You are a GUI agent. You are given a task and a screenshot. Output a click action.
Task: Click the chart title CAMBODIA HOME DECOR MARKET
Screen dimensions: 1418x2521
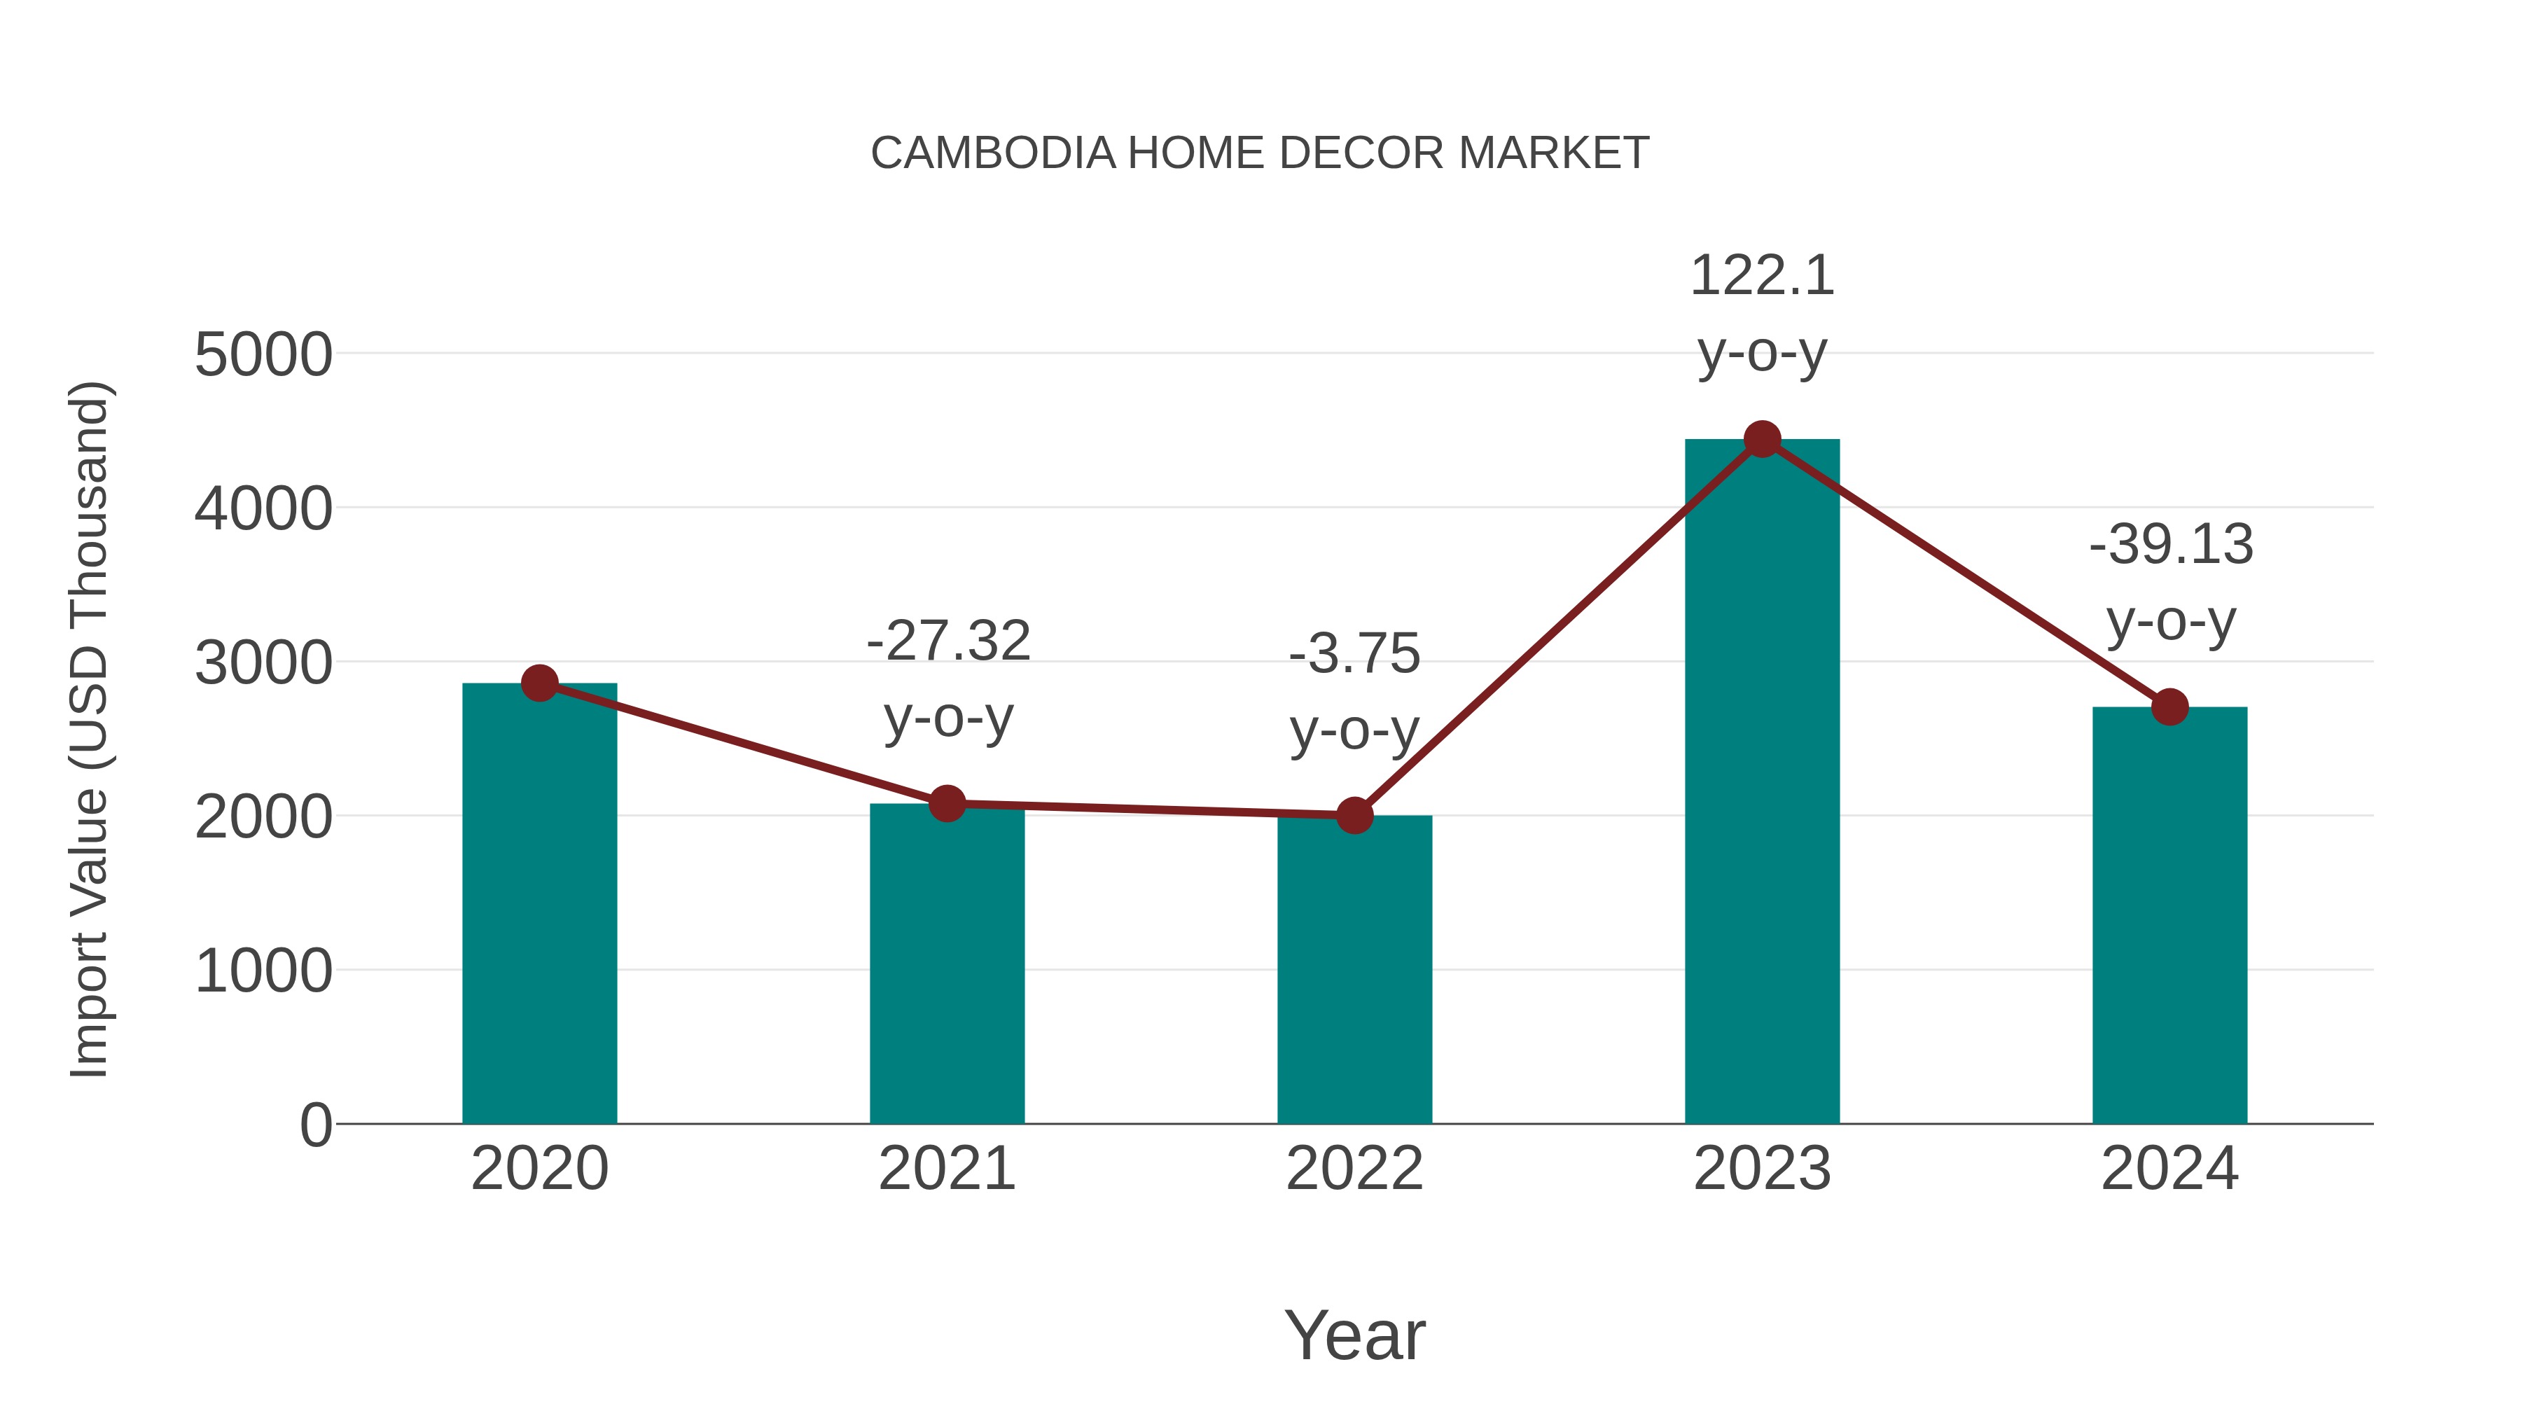pyautogui.click(x=1260, y=153)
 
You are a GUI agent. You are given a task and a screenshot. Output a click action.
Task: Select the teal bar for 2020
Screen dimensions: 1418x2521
pyautogui.click(x=539, y=910)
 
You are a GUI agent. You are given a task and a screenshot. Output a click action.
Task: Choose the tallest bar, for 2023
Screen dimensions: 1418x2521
pyautogui.click(x=1762, y=783)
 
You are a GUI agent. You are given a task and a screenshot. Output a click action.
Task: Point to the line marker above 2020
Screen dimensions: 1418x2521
pyautogui.click(x=539, y=683)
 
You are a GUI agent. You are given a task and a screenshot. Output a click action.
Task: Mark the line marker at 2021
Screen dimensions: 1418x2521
pyautogui.click(x=946, y=803)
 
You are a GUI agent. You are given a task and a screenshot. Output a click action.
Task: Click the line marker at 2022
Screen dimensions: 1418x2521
pyautogui.click(x=1354, y=814)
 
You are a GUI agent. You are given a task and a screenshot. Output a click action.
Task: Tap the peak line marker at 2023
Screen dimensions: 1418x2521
pyautogui.click(x=1762, y=439)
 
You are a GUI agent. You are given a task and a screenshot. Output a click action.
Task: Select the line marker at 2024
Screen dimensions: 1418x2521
pyautogui.click(x=2169, y=707)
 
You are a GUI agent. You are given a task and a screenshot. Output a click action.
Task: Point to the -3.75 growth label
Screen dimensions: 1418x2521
pyautogui.click(x=1354, y=691)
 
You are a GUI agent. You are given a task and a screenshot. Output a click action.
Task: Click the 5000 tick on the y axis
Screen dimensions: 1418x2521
pyautogui.click(x=263, y=354)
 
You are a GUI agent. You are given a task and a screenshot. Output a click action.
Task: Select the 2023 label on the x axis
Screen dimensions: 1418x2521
pyautogui.click(x=1762, y=1169)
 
